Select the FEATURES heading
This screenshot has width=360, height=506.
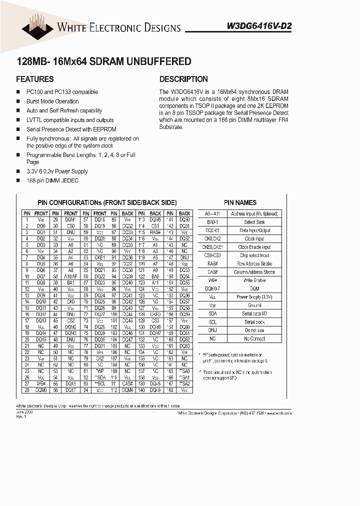click(x=35, y=79)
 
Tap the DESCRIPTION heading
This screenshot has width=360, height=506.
click(x=183, y=79)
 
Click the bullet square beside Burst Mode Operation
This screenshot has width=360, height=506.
click(x=18, y=101)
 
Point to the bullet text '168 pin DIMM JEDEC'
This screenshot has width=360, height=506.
click(x=52, y=180)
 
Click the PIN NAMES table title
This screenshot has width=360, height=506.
click(x=240, y=202)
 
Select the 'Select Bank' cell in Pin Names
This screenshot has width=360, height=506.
click(x=254, y=222)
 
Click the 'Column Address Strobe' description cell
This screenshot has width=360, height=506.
click(x=254, y=272)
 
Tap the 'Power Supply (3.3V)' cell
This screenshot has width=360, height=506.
click(x=254, y=297)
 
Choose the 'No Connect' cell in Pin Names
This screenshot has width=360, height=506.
click(x=254, y=338)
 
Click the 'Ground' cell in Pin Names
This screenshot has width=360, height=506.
click(x=254, y=305)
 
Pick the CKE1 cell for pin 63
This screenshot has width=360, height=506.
click(x=99, y=257)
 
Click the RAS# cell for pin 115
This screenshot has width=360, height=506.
click(x=155, y=232)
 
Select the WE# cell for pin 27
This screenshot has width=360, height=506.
click(x=41, y=383)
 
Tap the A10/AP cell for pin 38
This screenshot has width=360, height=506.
click(x=70, y=276)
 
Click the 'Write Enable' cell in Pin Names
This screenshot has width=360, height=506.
click(x=254, y=280)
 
